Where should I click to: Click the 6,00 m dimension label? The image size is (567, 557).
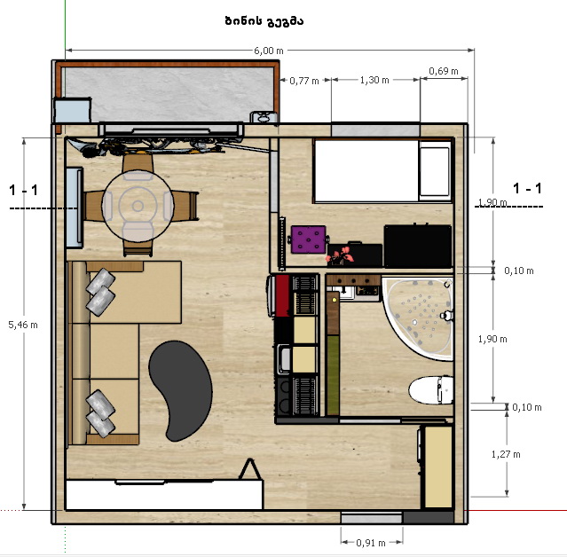pyautogui.click(x=268, y=51)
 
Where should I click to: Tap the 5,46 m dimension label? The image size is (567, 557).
pyautogui.click(x=23, y=325)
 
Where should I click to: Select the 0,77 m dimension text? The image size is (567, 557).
pyautogui.click(x=304, y=81)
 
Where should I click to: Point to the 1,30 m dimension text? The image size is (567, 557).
pyautogui.click(x=374, y=80)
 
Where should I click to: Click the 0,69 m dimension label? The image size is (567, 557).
pyautogui.click(x=444, y=71)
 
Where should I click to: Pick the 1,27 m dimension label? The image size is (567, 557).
pyautogui.click(x=506, y=454)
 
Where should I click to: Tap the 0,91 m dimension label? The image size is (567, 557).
pyautogui.click(x=371, y=543)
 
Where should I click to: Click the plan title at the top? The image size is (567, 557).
pyautogui.click(x=264, y=21)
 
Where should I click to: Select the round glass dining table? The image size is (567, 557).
pyautogui.click(x=138, y=206)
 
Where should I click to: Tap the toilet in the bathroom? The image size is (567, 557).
pyautogui.click(x=431, y=390)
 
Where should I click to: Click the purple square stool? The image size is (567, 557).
pyautogui.click(x=309, y=239)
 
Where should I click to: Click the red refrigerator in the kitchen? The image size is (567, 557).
pyautogui.click(x=281, y=295)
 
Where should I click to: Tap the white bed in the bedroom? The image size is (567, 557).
pyautogui.click(x=382, y=170)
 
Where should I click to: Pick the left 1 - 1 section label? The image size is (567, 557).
pyautogui.click(x=23, y=190)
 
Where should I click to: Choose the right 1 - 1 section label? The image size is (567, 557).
pyautogui.click(x=527, y=188)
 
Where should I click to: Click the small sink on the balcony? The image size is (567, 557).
pyautogui.click(x=264, y=117)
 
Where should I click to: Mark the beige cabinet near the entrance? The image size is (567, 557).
pyautogui.click(x=438, y=467)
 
